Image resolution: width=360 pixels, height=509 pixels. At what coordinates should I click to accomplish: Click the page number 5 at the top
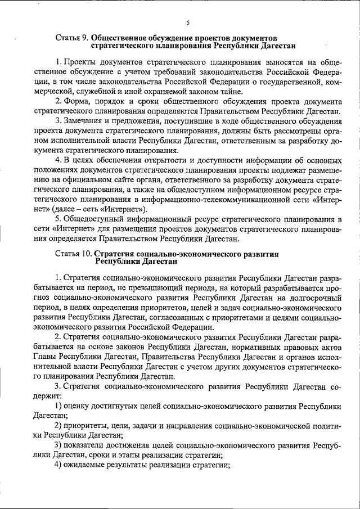188,22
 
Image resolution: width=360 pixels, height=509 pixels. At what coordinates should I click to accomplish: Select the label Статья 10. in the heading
74,254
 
